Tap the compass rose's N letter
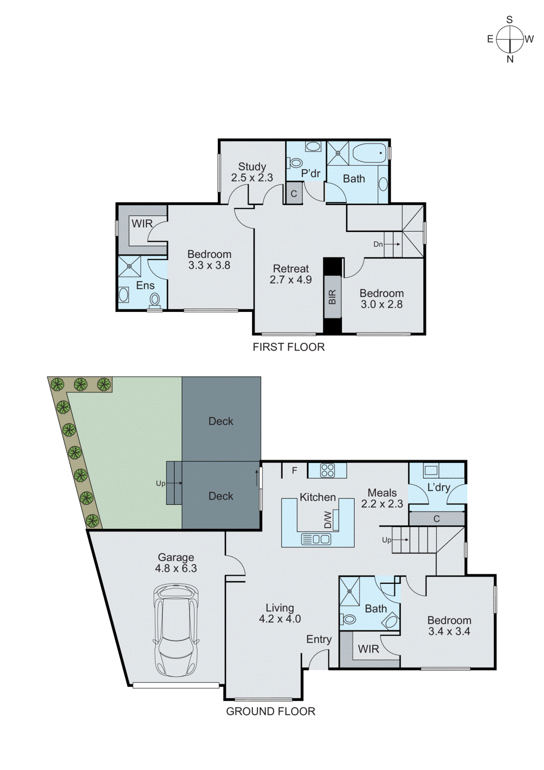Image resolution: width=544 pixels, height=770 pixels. pos(510,59)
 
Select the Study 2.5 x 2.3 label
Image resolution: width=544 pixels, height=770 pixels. pos(252,172)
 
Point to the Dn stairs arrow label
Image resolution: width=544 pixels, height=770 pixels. pos(378,244)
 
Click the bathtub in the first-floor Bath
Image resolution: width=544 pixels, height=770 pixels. pos(369,154)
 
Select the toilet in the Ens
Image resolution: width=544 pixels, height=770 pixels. pos(154,300)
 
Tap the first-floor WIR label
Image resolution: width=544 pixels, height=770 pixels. pos(142,224)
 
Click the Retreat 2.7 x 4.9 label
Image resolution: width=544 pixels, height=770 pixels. pos(291,274)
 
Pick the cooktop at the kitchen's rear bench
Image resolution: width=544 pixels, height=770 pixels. pos(327,470)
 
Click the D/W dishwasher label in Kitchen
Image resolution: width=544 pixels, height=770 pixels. pos(328,520)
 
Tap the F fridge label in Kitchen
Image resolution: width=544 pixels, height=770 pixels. pos(294,471)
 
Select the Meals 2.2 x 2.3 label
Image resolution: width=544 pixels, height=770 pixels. pos(382,498)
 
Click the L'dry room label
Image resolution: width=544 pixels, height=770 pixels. pos(439,488)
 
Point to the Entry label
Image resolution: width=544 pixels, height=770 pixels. pos(319,639)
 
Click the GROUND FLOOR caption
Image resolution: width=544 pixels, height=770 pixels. pos(270,711)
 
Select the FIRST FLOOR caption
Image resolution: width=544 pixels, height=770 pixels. pos(289,347)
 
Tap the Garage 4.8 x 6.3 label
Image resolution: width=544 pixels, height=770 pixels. pos(176,563)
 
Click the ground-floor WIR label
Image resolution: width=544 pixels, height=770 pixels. pos(368,649)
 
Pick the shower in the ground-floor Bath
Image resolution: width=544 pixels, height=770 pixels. pos(350,591)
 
